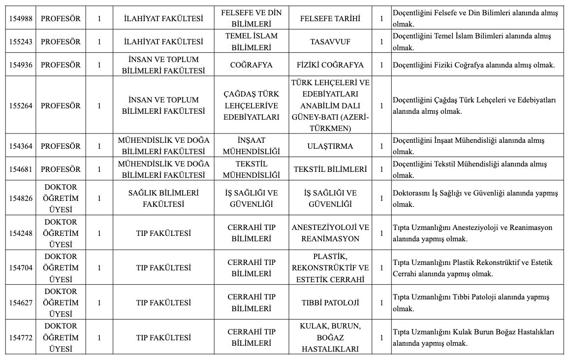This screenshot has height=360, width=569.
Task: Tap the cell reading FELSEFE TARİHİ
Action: point(330,19)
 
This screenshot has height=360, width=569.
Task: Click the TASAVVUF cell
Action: point(330,42)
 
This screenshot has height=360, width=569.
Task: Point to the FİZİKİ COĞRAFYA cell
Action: point(330,65)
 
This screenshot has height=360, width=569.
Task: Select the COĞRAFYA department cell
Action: point(251,65)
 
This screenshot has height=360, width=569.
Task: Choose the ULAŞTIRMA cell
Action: point(330,146)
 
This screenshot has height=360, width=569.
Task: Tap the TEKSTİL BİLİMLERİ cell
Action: point(330,169)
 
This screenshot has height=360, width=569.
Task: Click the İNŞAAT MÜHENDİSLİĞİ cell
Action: point(251,146)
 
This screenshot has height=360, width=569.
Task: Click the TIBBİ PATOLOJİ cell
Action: point(330,302)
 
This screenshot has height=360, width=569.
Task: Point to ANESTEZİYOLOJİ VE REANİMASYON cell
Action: point(330,233)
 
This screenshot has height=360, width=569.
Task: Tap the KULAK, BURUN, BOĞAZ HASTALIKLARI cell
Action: point(330,337)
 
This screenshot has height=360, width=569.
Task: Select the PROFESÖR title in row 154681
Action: point(61,169)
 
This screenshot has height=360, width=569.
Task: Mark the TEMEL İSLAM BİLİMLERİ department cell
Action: point(251,42)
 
